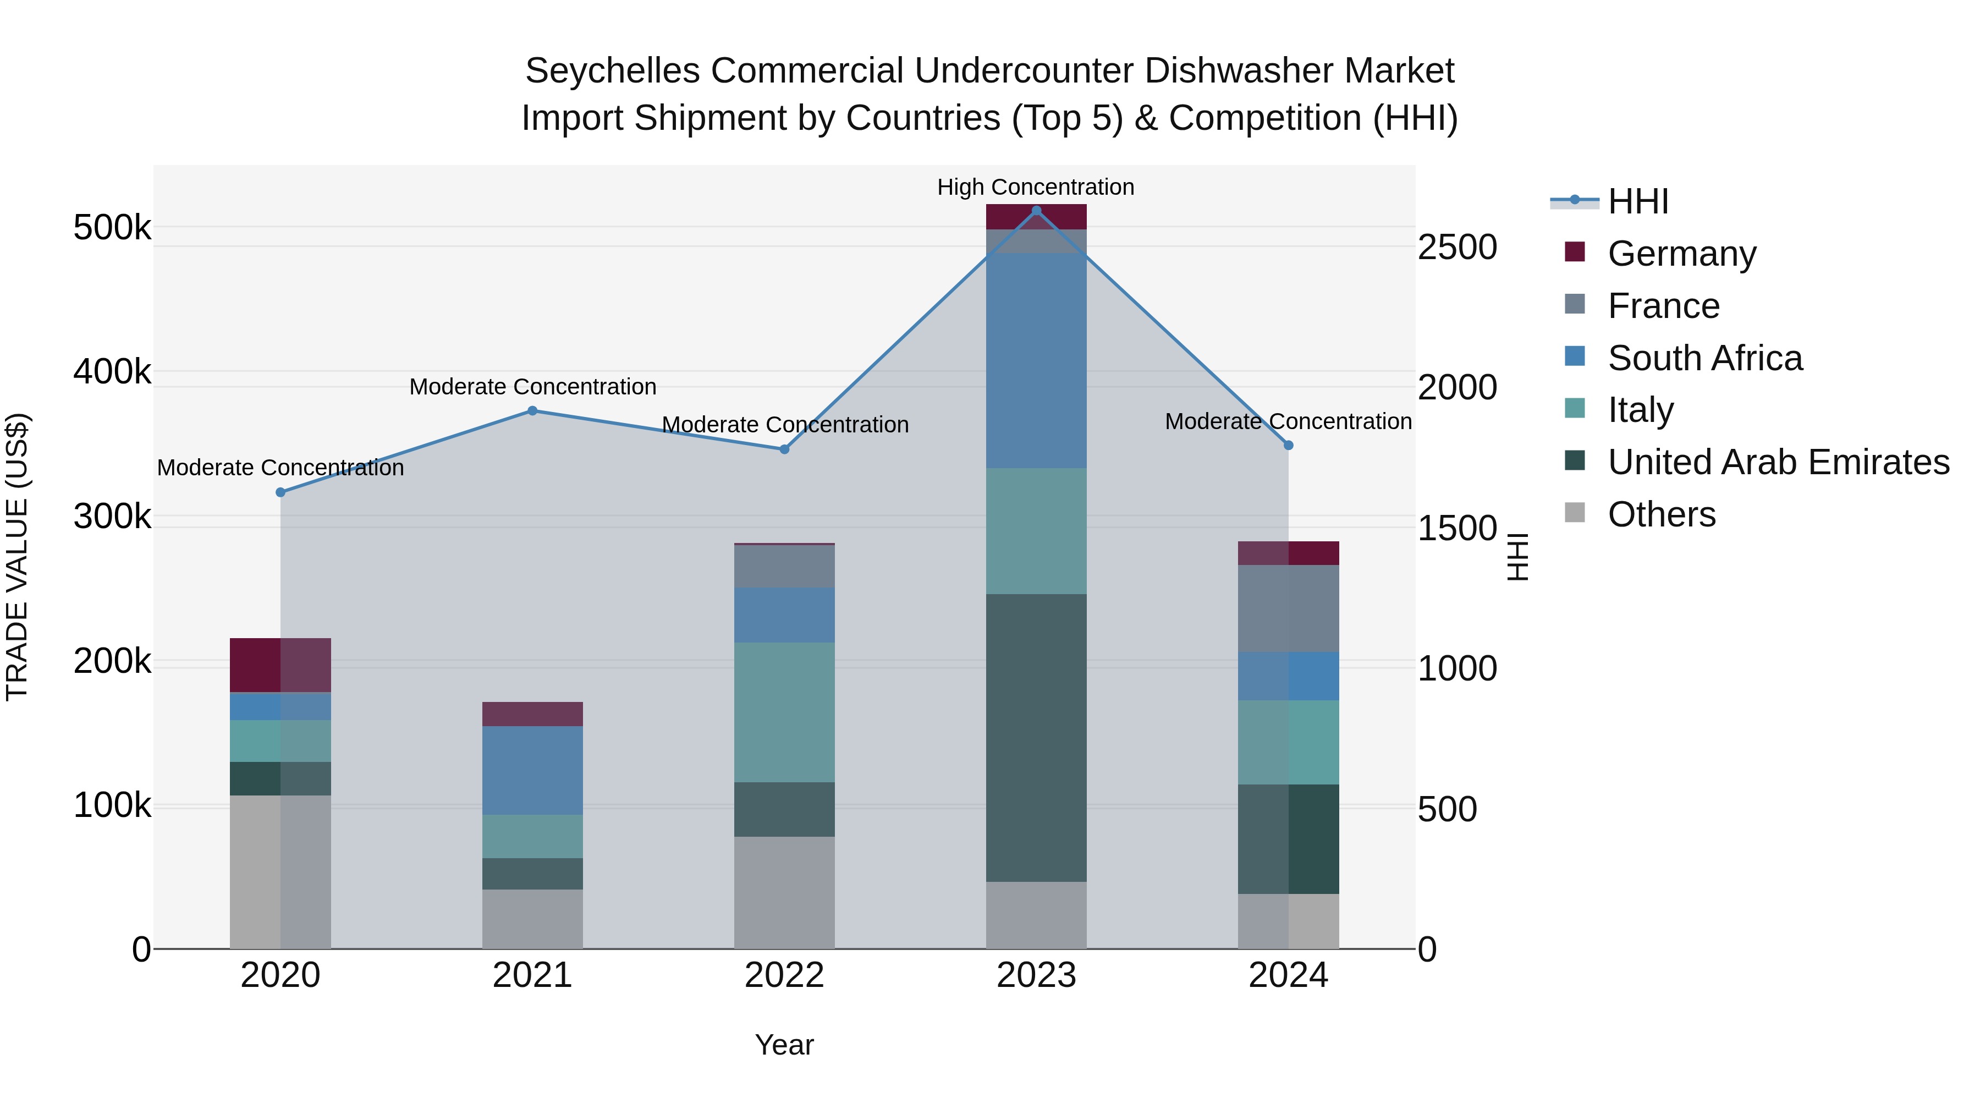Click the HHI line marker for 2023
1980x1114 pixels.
point(1036,211)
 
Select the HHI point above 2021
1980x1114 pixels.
point(532,410)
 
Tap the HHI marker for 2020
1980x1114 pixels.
point(280,492)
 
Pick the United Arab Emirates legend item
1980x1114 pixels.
point(1778,462)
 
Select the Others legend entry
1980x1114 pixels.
point(1661,514)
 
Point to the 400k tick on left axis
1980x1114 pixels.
point(112,372)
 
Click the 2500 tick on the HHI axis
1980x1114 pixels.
point(1456,248)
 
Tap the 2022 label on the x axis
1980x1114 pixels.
point(784,975)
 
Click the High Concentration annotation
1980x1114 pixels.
point(1035,187)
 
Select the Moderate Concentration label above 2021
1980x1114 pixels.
point(532,387)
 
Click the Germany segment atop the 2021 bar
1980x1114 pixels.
point(532,714)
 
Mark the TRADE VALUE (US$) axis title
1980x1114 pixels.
point(17,557)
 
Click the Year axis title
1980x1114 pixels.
point(784,1045)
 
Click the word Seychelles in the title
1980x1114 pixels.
point(612,72)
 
